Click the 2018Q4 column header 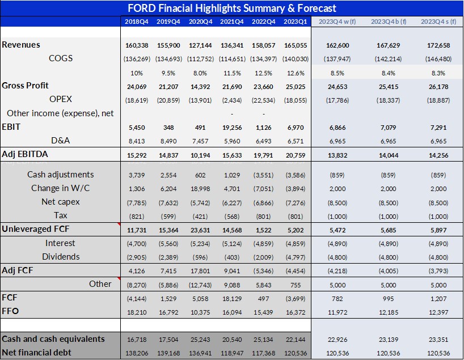137,21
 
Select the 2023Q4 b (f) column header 388,21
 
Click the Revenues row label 22,45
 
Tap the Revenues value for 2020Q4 200,45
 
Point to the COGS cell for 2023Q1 294,58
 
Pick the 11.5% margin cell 232,73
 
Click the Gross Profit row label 26,86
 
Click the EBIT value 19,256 232,127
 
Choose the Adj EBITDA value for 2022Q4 263,154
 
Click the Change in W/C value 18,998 201,188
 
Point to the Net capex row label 61,202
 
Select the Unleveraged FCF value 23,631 200,230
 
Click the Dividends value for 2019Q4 168,257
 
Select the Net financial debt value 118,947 232,353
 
